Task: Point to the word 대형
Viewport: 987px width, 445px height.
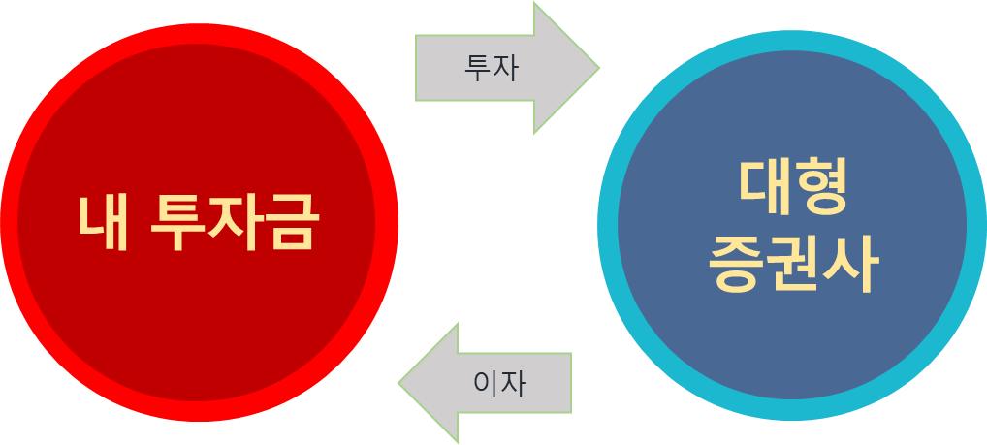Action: pos(793,188)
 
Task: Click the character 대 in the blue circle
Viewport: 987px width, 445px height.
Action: pos(765,188)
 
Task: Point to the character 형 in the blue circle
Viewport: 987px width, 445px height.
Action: pos(822,188)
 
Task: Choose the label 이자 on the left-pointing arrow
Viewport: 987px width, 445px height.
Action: pos(499,384)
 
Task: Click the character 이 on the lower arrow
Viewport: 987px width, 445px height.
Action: pos(486,384)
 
